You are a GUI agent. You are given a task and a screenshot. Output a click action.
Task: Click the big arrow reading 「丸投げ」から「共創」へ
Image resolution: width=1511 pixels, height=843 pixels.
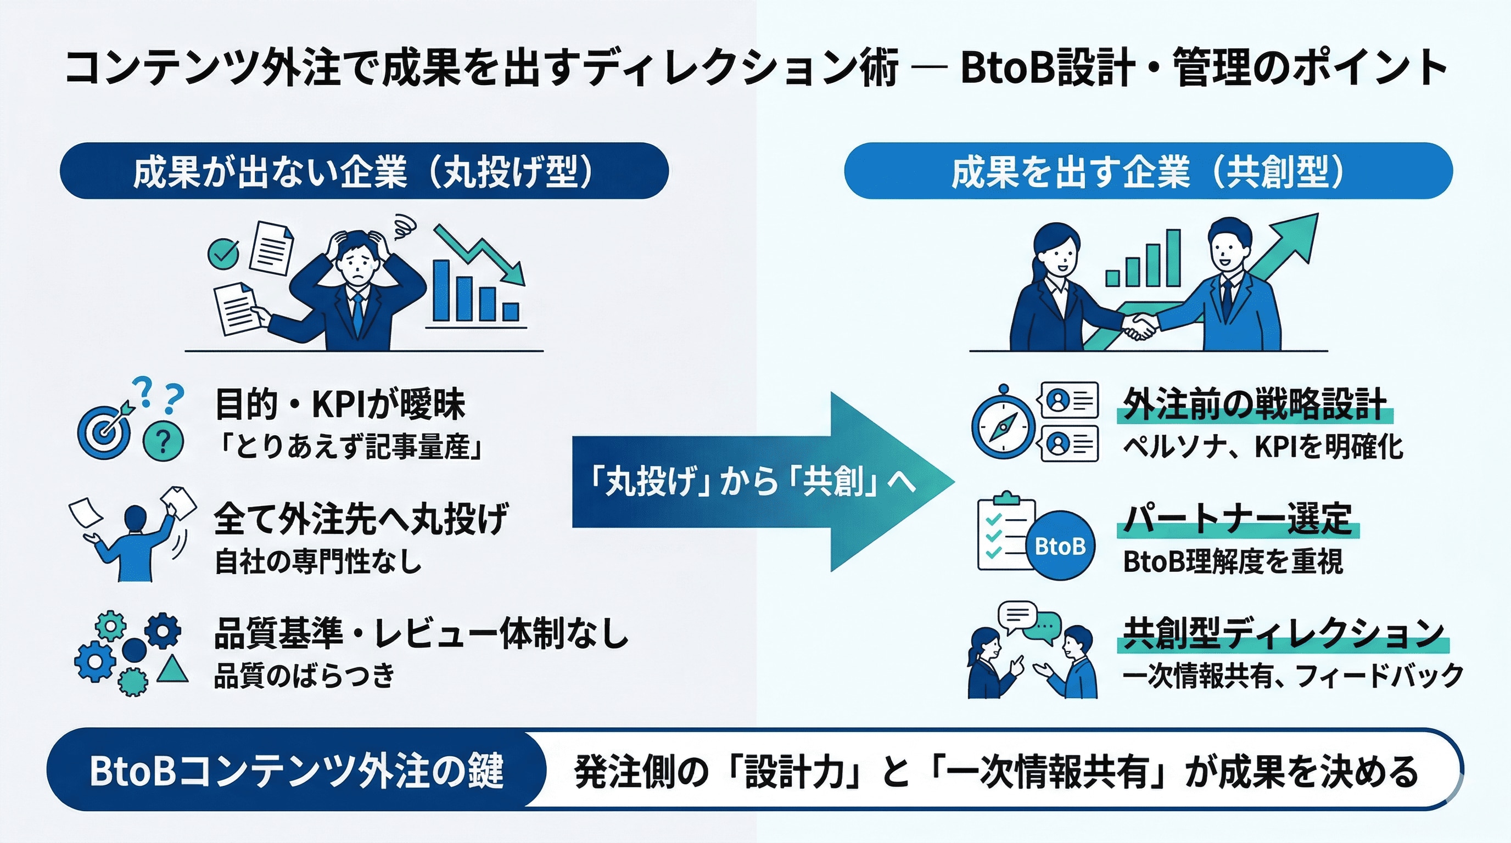click(751, 482)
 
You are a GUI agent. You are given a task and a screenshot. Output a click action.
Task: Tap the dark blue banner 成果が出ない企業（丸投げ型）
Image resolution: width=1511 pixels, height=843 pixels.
click(363, 171)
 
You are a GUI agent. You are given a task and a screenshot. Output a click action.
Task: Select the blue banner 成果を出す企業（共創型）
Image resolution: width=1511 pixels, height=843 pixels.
click(1148, 171)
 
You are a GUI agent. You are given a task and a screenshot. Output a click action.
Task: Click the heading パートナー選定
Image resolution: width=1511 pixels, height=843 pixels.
click(1238, 518)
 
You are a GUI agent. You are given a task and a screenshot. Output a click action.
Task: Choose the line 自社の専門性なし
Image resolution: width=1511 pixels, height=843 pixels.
click(318, 561)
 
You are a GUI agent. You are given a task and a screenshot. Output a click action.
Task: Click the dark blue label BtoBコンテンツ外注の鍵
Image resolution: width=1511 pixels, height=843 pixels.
click(296, 769)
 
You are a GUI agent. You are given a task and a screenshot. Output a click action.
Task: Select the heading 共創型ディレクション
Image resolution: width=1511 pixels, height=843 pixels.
click(1283, 633)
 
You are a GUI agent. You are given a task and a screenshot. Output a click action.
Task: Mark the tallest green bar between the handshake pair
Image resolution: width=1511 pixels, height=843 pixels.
click(1173, 258)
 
